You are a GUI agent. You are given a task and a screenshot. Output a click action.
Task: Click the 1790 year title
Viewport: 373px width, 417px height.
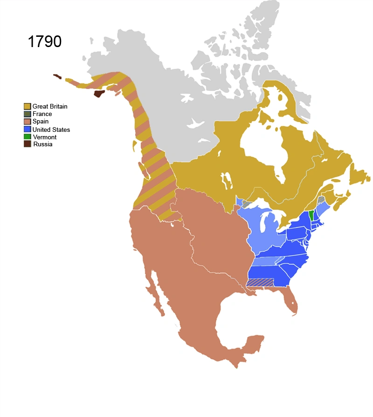pyautogui.click(x=45, y=41)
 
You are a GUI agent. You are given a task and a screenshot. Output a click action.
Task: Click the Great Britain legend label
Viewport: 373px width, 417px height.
pyautogui.click(x=50, y=106)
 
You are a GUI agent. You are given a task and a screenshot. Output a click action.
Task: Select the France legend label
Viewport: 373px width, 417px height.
pyautogui.click(x=42, y=114)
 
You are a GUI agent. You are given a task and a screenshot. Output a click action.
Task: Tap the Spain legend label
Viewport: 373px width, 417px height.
pyautogui.click(x=41, y=122)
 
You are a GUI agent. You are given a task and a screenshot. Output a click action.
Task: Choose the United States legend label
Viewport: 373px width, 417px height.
pyautogui.click(x=51, y=129)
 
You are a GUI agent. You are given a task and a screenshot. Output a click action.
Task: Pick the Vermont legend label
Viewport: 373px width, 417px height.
pyautogui.click(x=44, y=137)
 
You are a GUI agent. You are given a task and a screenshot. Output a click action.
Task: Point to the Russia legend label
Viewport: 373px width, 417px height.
pyautogui.click(x=42, y=144)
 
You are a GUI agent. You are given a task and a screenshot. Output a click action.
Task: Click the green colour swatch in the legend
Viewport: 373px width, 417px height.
pyautogui.click(x=28, y=137)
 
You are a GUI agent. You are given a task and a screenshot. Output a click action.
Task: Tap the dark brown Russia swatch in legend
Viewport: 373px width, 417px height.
pyautogui.click(x=28, y=144)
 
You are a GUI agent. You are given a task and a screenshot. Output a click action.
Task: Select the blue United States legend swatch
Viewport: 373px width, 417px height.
pyautogui.click(x=28, y=129)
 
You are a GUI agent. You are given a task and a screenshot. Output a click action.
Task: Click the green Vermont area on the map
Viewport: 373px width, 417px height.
pyautogui.click(x=311, y=215)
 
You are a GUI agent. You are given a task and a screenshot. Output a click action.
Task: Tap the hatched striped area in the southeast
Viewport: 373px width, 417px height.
pyautogui.click(x=260, y=282)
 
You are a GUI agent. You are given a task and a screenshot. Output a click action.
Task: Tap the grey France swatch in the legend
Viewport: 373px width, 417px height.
pyautogui.click(x=28, y=114)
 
